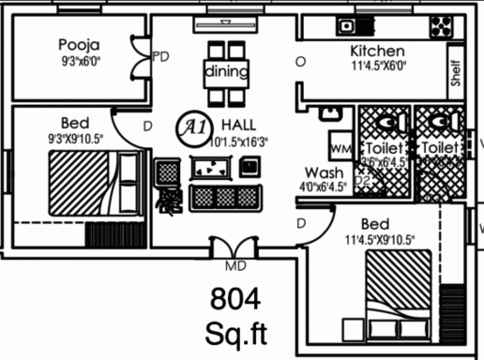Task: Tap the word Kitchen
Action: [x=377, y=51]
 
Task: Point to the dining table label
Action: [x=226, y=72]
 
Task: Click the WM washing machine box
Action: [x=340, y=148]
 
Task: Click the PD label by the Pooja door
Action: [x=160, y=57]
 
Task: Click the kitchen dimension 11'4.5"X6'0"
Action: [x=376, y=67]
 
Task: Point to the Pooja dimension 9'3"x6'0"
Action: [x=79, y=62]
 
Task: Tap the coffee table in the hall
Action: [x=211, y=168]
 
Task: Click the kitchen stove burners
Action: [x=440, y=24]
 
